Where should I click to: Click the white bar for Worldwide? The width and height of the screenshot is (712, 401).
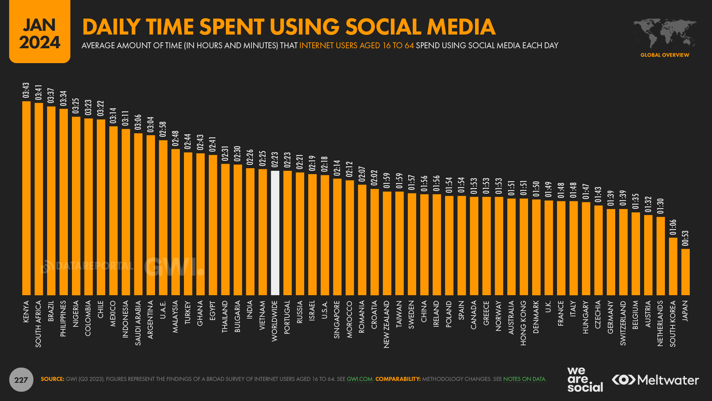tap(275, 233)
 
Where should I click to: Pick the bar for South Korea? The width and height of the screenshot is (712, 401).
tap(673, 266)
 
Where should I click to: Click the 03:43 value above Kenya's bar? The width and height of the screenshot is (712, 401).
tap(26, 91)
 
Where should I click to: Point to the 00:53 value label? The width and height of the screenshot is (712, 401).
tap(685, 238)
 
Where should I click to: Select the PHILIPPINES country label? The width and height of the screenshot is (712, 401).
tap(63, 318)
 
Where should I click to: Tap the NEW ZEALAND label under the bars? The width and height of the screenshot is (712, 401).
tap(386, 324)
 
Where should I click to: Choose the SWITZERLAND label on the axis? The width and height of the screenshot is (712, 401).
tap(623, 323)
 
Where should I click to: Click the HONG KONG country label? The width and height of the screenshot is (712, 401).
tap(523, 323)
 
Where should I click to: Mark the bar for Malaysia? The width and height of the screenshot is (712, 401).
tap(175, 222)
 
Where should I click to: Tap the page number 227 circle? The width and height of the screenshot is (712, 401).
tap(21, 379)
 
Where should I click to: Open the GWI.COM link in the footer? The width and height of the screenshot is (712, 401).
tap(359, 379)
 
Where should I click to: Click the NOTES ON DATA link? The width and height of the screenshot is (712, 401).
tap(524, 379)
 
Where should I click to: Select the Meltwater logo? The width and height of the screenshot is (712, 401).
tap(655, 380)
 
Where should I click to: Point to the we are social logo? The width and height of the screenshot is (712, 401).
tap(584, 379)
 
